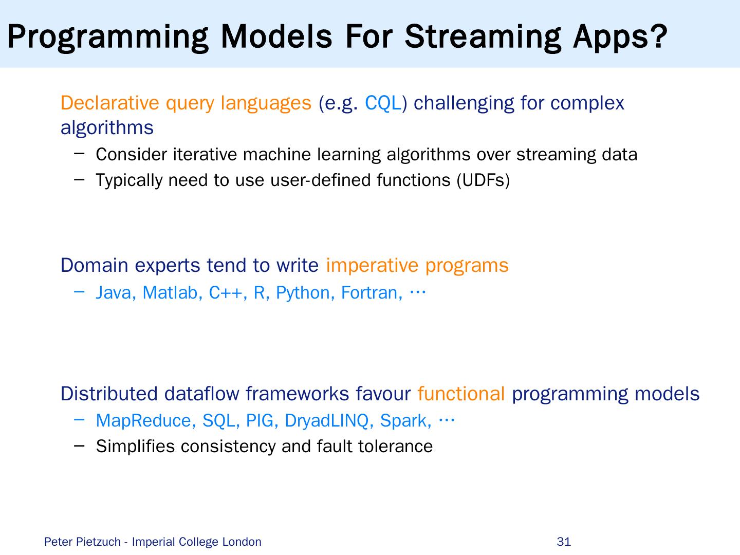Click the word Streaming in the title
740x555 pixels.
[483, 38]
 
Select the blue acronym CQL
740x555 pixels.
[383, 103]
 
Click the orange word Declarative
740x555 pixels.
[110, 103]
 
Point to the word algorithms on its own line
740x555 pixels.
[107, 128]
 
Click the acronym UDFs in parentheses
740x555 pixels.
[483, 180]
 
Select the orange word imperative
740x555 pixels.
[372, 266]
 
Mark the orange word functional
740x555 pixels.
[461, 394]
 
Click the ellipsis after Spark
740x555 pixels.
[447, 420]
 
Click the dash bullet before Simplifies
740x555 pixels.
[79, 446]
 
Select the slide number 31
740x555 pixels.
[564, 542]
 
